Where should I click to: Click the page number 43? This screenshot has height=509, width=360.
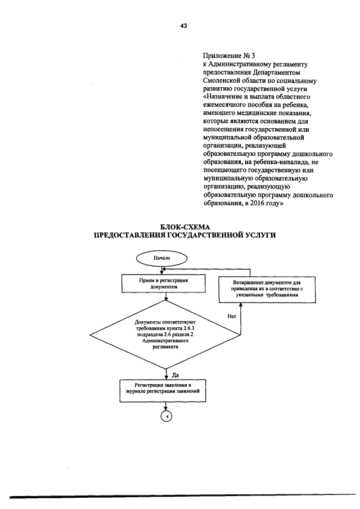(x=184, y=26)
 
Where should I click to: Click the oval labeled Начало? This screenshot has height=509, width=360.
(x=162, y=259)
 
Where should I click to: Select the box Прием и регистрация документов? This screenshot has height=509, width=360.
(x=164, y=283)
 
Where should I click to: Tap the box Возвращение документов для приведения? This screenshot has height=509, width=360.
(x=267, y=290)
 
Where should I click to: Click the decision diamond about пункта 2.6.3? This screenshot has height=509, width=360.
(x=165, y=335)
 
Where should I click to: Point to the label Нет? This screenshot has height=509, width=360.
(x=232, y=317)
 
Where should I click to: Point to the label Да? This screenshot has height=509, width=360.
(x=175, y=375)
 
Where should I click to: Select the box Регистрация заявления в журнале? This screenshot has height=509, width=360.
(x=163, y=391)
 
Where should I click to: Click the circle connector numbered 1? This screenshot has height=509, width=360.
(x=166, y=416)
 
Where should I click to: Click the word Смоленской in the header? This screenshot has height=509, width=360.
(x=219, y=80)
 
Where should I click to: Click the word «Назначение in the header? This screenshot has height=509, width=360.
(x=222, y=97)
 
